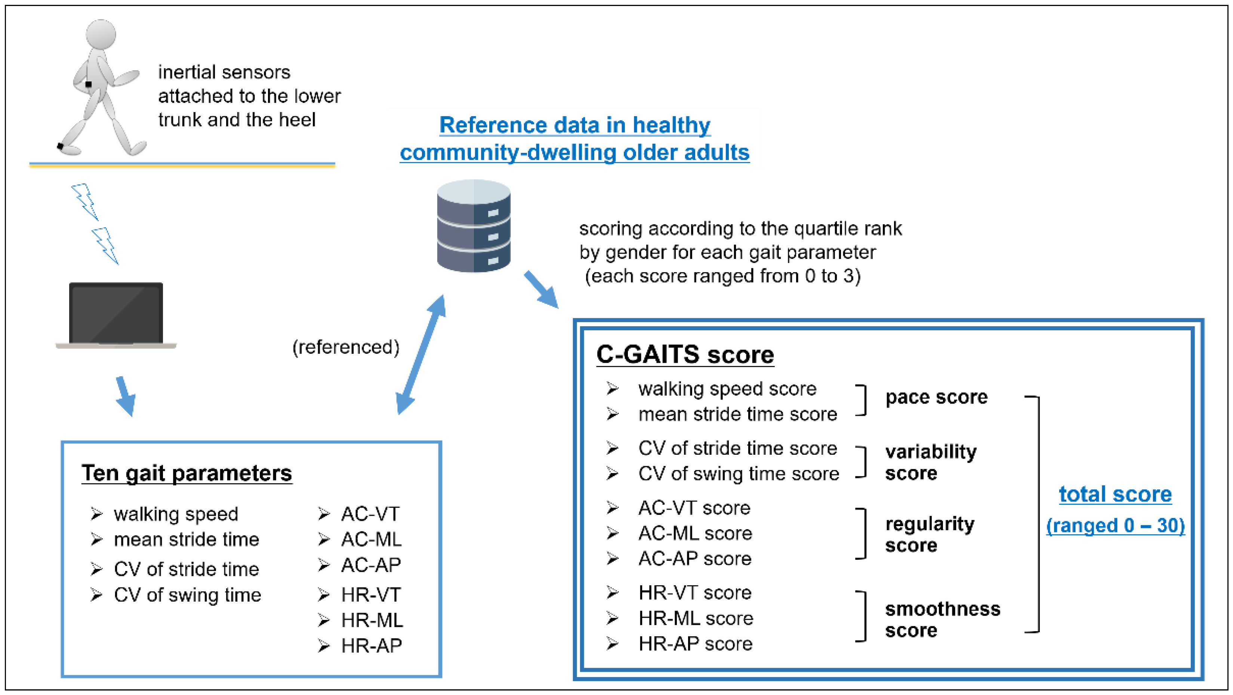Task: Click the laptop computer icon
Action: [x=116, y=315]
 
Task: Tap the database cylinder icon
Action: [x=474, y=226]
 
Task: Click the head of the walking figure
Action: [x=101, y=34]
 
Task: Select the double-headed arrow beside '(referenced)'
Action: [x=421, y=355]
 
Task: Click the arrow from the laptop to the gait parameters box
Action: [x=126, y=396]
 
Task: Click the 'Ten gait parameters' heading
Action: [x=187, y=473]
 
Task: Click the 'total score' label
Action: [x=1115, y=494]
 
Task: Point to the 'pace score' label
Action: [x=936, y=397]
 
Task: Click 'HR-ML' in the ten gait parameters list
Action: [x=372, y=620]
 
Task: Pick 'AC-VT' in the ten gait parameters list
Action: [x=370, y=514]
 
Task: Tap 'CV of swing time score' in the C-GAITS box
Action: [x=738, y=474]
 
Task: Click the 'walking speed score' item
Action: [x=727, y=389]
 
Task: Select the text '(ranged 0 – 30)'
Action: [x=1115, y=526]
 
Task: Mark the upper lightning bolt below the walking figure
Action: [x=85, y=201]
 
